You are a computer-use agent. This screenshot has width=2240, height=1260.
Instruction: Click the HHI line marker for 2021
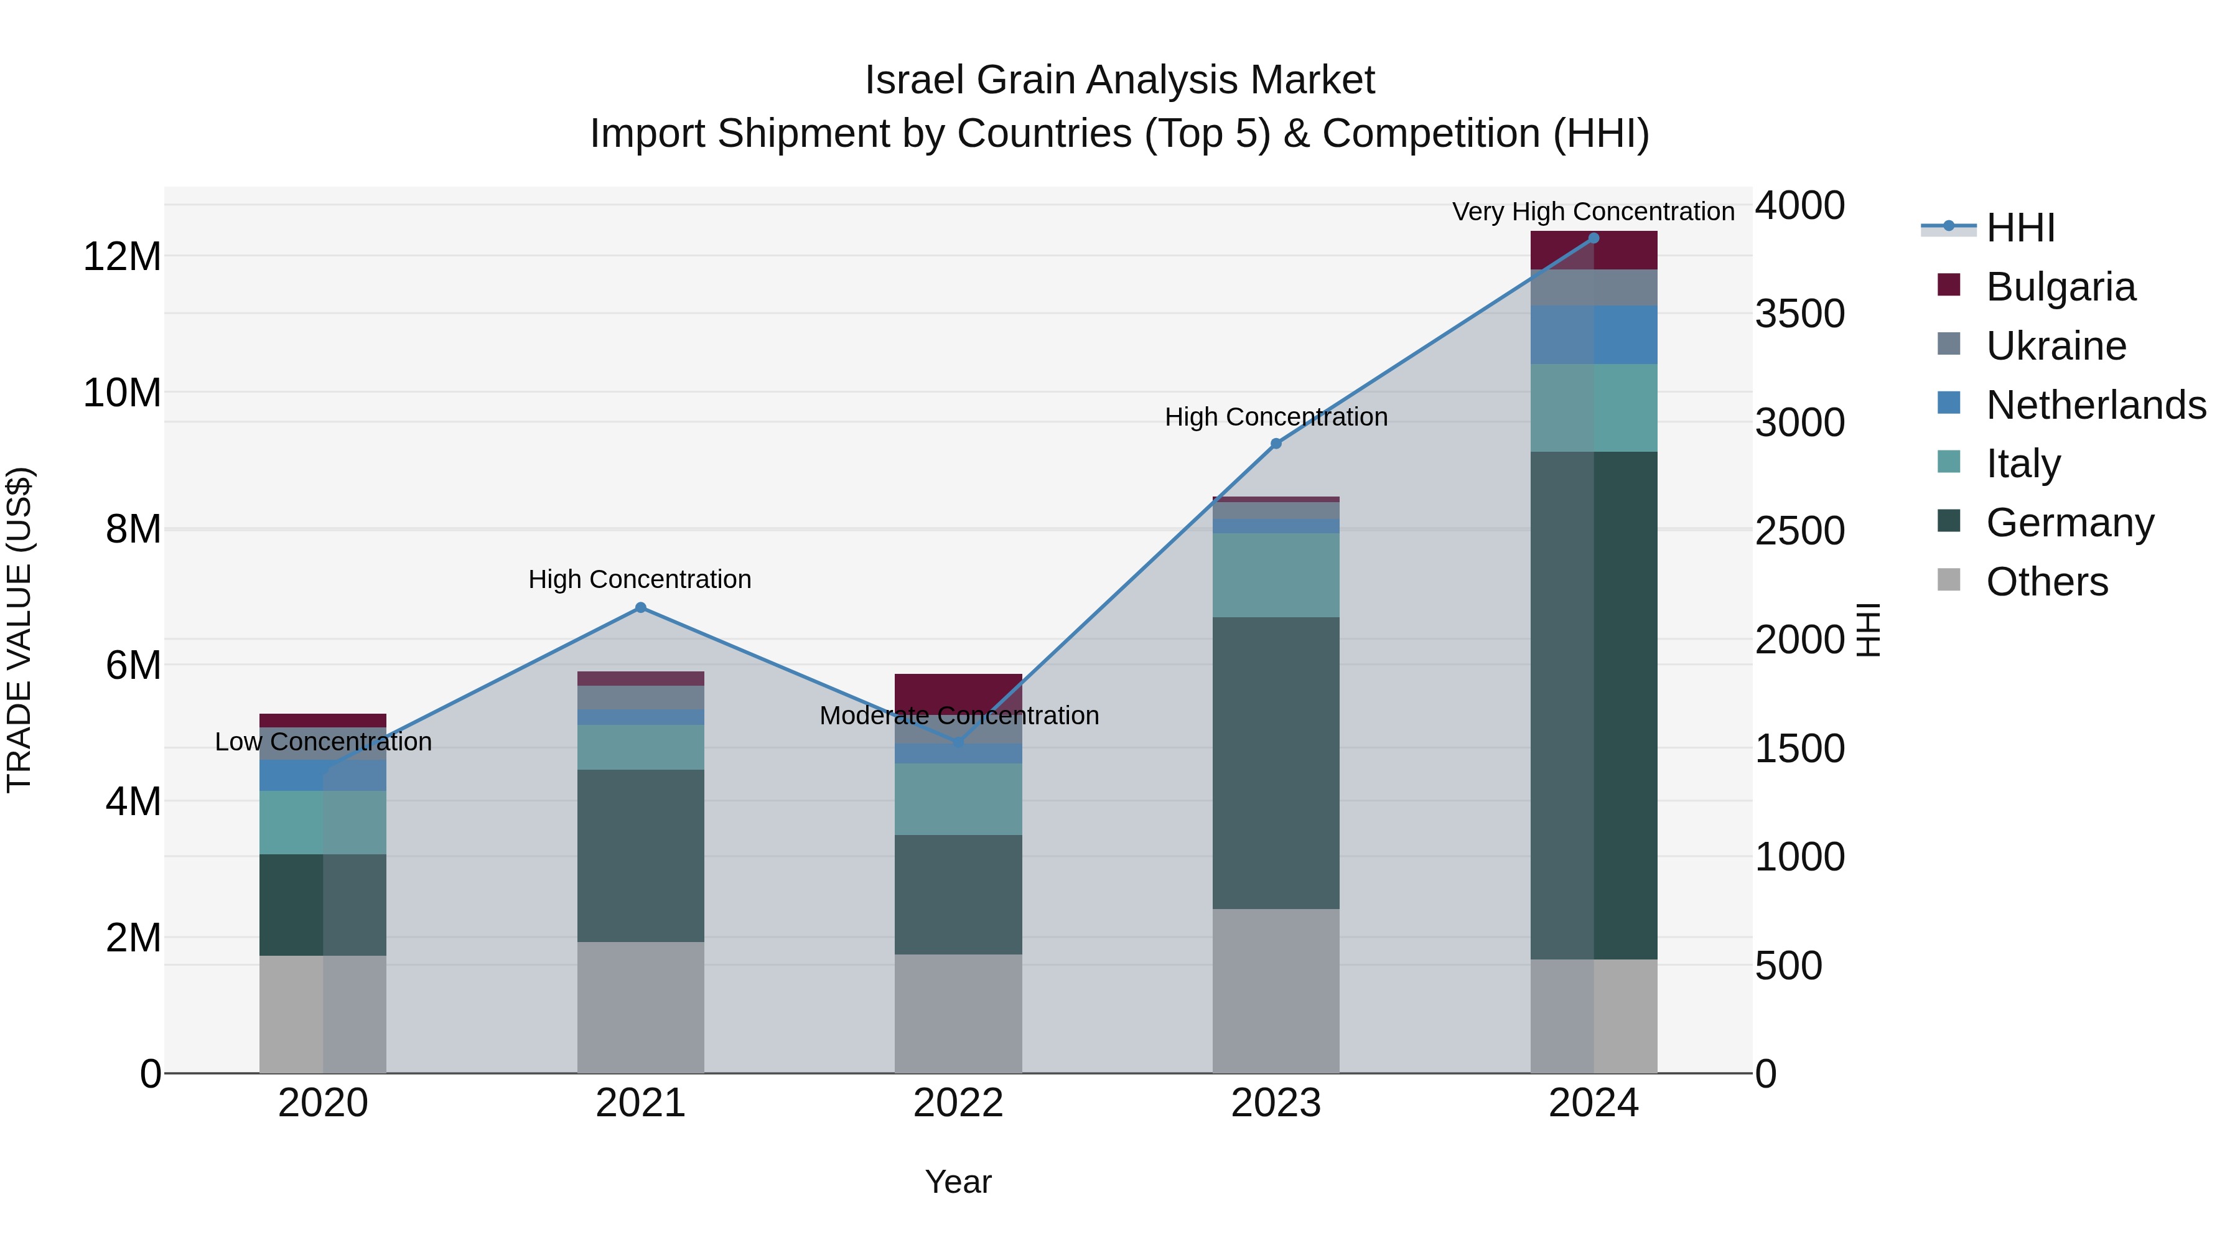click(x=640, y=608)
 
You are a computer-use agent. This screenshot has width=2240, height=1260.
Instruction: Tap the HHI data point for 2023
click(x=1276, y=444)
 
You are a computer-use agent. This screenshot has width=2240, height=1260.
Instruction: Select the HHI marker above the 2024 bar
click(x=1593, y=238)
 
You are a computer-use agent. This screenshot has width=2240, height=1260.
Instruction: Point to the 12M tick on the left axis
click(x=122, y=258)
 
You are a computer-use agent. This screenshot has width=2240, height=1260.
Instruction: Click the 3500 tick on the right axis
click(x=1799, y=314)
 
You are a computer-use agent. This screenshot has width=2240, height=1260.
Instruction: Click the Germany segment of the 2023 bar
click(x=1276, y=763)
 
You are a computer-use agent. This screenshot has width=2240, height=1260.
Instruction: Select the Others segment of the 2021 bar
click(x=640, y=1007)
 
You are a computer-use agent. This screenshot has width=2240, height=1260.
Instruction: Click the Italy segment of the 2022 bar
click(x=958, y=798)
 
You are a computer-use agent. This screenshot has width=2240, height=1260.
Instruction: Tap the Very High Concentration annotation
click(x=1593, y=212)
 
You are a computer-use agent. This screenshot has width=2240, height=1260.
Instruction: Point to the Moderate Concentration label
click(x=958, y=716)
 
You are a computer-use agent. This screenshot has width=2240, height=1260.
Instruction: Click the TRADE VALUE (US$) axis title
click(x=19, y=630)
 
